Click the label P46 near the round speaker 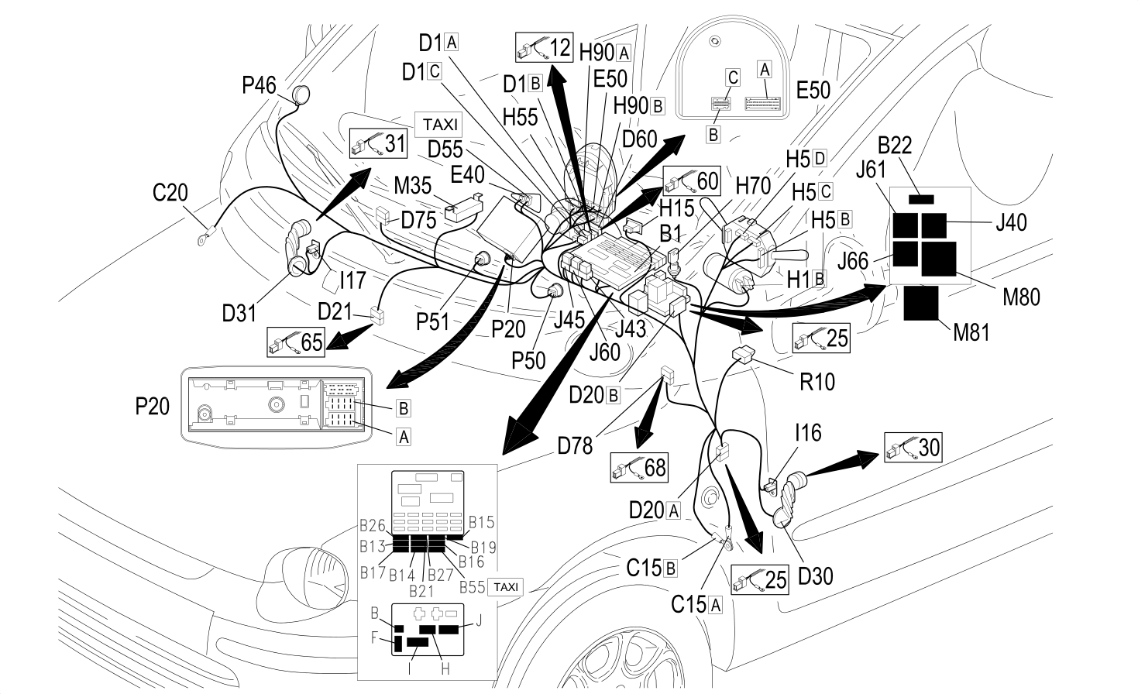click(259, 85)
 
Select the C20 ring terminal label click(170, 193)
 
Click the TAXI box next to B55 click(506, 587)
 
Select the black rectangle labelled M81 click(921, 303)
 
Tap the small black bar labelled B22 click(921, 200)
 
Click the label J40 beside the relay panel click(1011, 222)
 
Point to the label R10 click(817, 382)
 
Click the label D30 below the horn click(816, 576)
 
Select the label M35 click(413, 186)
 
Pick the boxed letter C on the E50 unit click(733, 77)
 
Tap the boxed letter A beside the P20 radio click(404, 437)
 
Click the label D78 click(575, 446)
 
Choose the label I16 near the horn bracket click(808, 433)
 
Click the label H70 click(753, 187)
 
